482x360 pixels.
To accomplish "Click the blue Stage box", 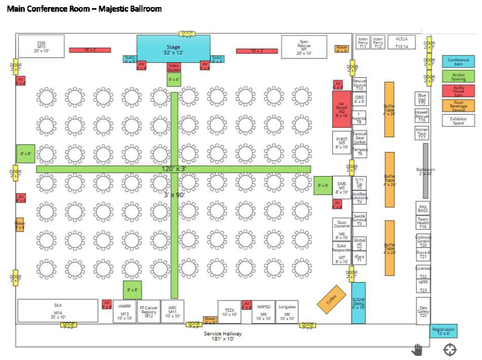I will (173, 49).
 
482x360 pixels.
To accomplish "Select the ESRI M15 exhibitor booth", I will (41, 46).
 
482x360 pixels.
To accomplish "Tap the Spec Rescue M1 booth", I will (304, 47).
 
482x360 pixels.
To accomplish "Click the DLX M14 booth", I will (58, 310).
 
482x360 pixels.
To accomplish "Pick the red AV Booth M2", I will (341, 109).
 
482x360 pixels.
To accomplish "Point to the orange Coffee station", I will (332, 299).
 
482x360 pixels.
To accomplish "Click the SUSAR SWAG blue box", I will (358, 303).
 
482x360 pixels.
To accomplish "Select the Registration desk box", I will (443, 331).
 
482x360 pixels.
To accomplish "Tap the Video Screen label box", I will (174, 67).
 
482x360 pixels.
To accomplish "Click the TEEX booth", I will (229, 311).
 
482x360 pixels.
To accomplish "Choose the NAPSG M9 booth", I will (264, 311).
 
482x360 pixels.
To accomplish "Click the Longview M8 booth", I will (287, 311).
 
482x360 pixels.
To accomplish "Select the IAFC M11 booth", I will (172, 311).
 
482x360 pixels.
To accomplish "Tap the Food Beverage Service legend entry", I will (458, 105).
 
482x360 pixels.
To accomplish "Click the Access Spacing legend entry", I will (458, 76).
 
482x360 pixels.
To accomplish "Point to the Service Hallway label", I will (223, 336).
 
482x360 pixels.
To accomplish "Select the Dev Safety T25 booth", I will (423, 311).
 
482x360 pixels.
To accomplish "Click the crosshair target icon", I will (450, 349).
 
